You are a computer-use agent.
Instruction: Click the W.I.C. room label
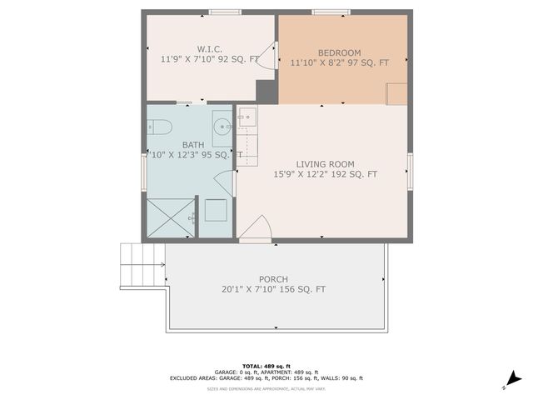pos(210,48)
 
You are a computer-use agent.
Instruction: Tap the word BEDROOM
pos(339,52)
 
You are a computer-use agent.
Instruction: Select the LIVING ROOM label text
pos(325,164)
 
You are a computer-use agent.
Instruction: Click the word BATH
pos(192,144)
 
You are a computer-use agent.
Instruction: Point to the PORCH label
pos(273,279)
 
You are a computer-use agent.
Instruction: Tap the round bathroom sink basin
pos(222,127)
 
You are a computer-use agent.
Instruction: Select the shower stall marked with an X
pos(170,218)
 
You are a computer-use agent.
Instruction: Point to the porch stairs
pos(138,264)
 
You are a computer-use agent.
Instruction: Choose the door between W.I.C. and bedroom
pos(268,57)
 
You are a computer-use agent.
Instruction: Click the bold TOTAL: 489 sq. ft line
pos(266,366)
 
